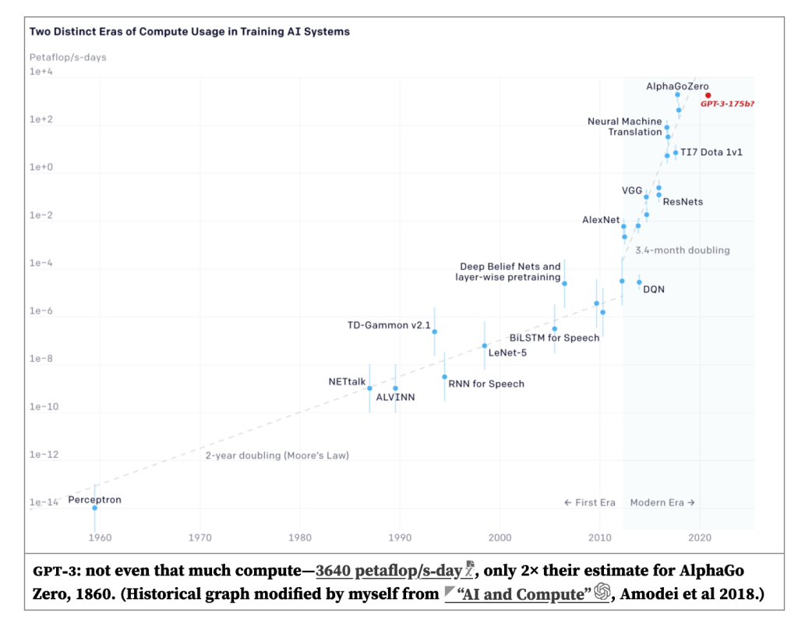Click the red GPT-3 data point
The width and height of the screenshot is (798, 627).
click(x=708, y=95)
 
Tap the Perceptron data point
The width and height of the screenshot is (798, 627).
click(x=95, y=508)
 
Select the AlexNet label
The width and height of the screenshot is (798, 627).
click(x=601, y=220)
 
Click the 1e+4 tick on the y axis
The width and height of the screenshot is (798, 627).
click(x=41, y=72)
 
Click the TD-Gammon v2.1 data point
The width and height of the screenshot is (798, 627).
click(x=434, y=331)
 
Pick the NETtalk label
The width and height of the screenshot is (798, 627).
click(x=347, y=381)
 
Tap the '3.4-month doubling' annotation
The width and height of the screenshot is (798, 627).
click(x=683, y=250)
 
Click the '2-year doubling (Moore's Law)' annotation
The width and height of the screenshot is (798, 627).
click(x=277, y=455)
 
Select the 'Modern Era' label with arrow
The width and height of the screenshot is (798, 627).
click(x=662, y=502)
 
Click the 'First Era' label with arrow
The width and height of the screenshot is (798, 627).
click(x=590, y=502)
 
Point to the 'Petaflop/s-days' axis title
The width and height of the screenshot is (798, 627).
click(x=68, y=57)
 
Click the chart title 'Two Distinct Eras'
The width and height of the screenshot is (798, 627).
click(x=189, y=32)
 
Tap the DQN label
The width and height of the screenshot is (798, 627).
click(x=654, y=289)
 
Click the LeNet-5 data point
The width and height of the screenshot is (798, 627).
click(x=485, y=345)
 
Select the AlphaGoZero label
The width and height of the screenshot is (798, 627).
click(x=678, y=86)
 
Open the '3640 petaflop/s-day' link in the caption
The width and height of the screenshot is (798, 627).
click(x=389, y=571)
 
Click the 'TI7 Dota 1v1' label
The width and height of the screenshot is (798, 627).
click(x=711, y=152)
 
